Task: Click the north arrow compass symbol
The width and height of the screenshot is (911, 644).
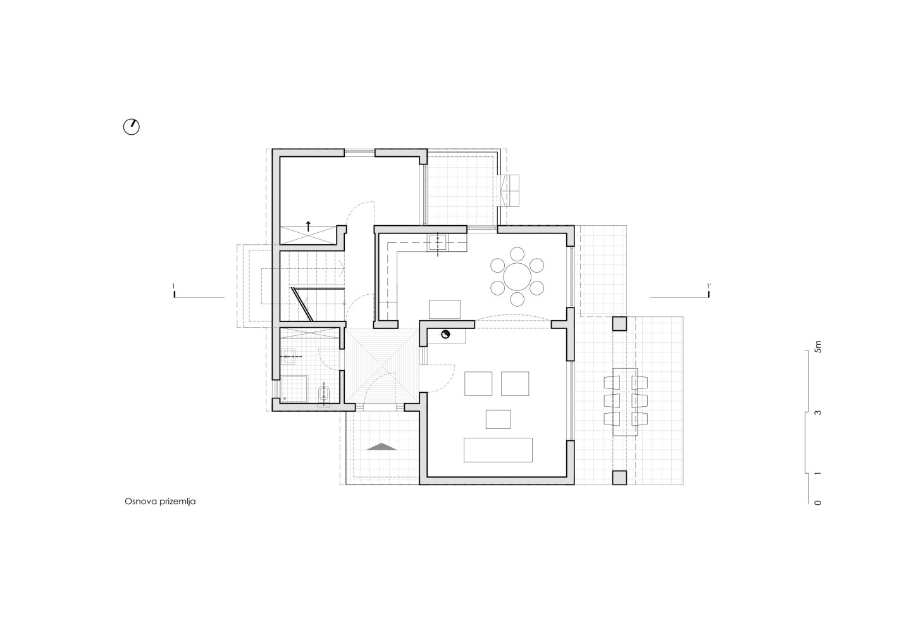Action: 132,127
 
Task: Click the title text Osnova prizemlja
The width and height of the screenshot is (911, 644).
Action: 160,502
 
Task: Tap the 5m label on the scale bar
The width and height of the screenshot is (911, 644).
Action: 818,347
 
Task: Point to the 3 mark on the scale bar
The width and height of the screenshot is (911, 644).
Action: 818,413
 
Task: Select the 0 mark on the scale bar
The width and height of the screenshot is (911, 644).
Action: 818,503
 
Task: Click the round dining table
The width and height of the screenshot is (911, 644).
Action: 517,277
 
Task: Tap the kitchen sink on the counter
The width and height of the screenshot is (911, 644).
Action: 438,243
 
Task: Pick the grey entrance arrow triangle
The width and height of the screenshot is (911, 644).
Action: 381,446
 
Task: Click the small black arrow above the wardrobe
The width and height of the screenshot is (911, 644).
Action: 308,226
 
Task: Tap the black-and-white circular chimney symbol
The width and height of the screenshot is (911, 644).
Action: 446,335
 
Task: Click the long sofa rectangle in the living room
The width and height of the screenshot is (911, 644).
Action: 499,450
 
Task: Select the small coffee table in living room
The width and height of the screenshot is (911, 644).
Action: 499,419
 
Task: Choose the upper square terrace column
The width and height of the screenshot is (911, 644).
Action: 619,324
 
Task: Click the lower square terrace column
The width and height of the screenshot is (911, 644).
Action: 619,478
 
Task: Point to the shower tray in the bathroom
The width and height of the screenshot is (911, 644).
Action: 294,388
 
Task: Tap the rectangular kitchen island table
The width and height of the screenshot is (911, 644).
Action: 445,309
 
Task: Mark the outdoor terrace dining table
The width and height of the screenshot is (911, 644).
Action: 625,402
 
